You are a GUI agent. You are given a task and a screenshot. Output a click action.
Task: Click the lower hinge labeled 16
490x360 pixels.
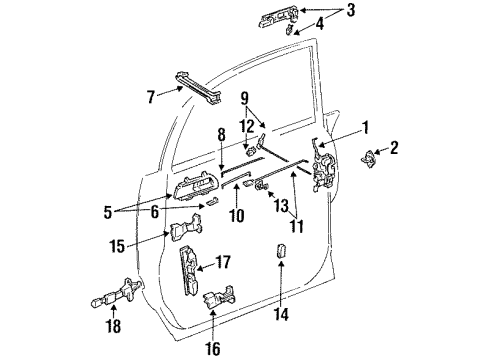pyautogui.click(x=219, y=300)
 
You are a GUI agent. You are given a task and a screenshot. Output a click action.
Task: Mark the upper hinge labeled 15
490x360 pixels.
pyautogui.click(x=181, y=233)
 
